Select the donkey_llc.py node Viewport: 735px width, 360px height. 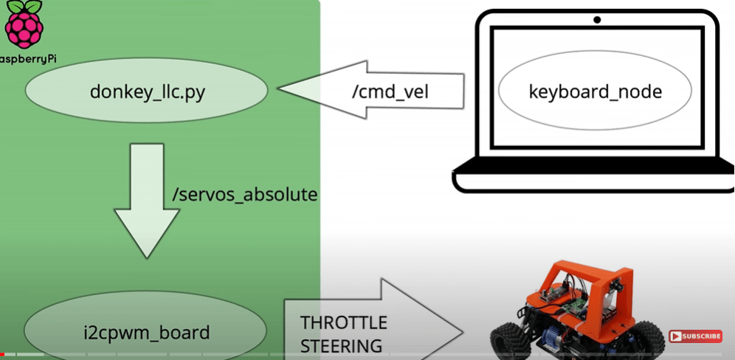pyautogui.click(x=147, y=91)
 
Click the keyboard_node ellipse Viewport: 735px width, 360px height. pyautogui.click(x=595, y=91)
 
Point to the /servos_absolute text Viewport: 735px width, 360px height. pyautogui.click(x=244, y=195)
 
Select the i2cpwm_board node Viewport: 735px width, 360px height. pyautogui.click(x=146, y=332)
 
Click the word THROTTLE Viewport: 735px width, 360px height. pyautogui.click(x=343, y=322)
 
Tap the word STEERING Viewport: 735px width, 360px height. pyautogui.click(x=341, y=345)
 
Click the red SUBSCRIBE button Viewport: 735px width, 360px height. pyautogui.click(x=695, y=336)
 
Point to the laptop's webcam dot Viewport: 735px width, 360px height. pyautogui.click(x=597, y=20)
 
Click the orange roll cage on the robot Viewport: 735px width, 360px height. pyautogui.click(x=583, y=277)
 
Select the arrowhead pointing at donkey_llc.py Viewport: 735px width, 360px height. pyautogui.click(x=302, y=90)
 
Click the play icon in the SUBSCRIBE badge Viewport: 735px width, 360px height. pyautogui.click(x=676, y=336)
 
